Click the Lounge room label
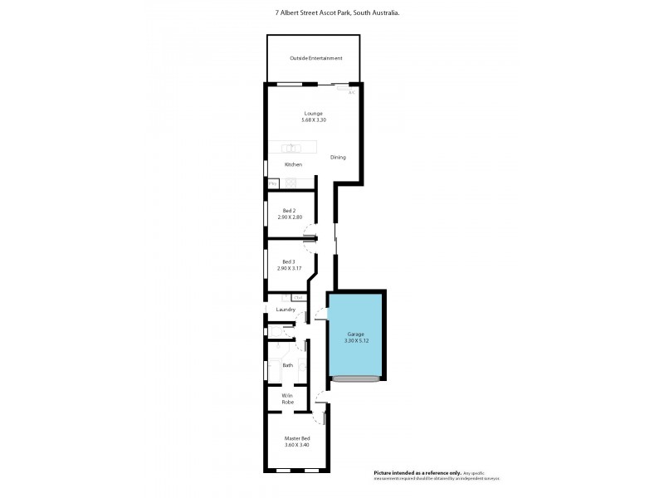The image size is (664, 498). click(313, 113)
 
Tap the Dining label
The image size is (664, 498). click(338, 157)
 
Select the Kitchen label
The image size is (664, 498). click(293, 164)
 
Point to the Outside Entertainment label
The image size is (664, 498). click(315, 58)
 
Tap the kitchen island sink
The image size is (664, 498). click(290, 149)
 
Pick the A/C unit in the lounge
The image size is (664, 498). click(352, 92)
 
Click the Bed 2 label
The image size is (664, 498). click(289, 211)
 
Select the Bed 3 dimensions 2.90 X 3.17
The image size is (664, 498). click(289, 268)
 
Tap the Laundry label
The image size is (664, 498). click(286, 310)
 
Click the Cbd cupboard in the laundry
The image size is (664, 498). click(297, 297)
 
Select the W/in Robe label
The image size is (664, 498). click(287, 399)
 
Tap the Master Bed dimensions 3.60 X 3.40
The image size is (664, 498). click(296, 445)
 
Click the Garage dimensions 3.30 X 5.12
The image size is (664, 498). click(355, 339)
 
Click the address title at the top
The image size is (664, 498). click(332, 12)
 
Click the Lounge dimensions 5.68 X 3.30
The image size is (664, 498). click(313, 120)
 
